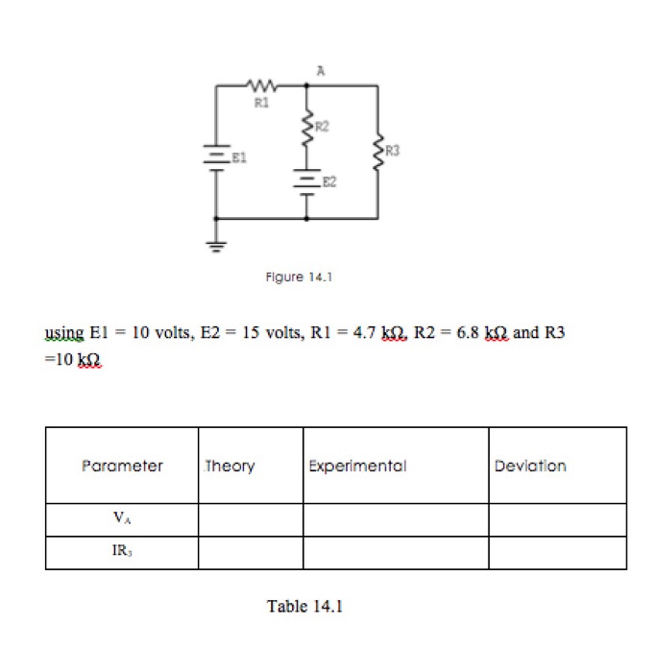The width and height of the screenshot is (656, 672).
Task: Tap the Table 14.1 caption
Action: point(304,606)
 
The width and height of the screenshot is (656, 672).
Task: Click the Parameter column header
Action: point(122,466)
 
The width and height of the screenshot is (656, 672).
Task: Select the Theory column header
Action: point(231,466)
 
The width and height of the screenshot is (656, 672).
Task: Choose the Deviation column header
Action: point(530,466)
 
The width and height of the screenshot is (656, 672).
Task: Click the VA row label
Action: point(121,519)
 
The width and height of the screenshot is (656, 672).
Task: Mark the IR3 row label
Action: point(121,553)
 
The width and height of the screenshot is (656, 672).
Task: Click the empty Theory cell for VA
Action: point(251,519)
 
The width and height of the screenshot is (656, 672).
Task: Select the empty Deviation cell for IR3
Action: point(557,553)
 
